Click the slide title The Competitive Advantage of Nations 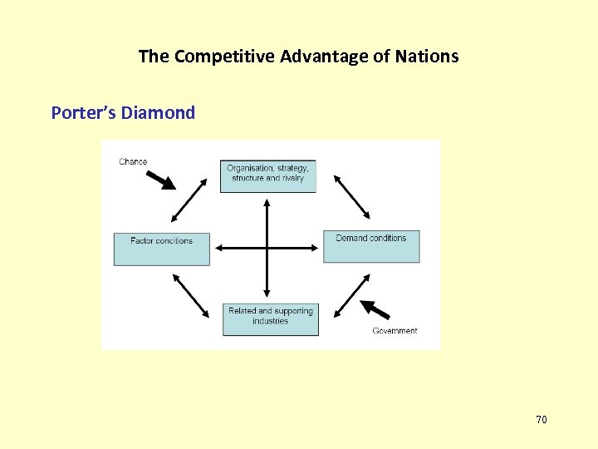pyautogui.click(x=298, y=57)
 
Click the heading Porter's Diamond pyautogui.click(x=123, y=112)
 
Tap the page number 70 pyautogui.click(x=542, y=420)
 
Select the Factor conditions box pyautogui.click(x=161, y=249)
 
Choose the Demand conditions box pyautogui.click(x=371, y=246)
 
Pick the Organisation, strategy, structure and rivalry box pyautogui.click(x=267, y=175)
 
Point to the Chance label pyautogui.click(x=133, y=161)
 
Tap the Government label pyautogui.click(x=395, y=331)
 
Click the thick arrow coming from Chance pyautogui.click(x=162, y=180)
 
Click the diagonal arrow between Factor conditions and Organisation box pyautogui.click(x=189, y=200)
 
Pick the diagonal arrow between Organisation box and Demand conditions pyautogui.click(x=351, y=195)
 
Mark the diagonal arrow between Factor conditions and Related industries pyautogui.click(x=190, y=296)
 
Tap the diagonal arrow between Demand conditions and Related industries pyautogui.click(x=351, y=295)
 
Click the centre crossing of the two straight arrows pyautogui.click(x=267, y=248)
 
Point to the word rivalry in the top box pyautogui.click(x=292, y=178)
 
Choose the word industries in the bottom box pyautogui.click(x=270, y=321)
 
